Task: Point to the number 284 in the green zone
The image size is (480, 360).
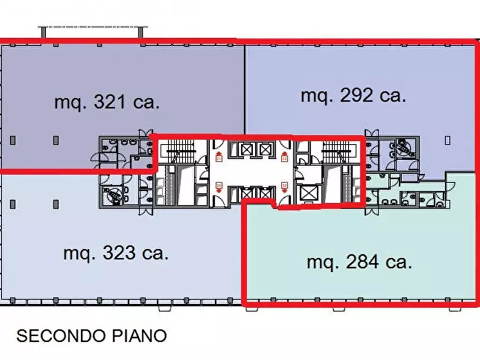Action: point(364,263)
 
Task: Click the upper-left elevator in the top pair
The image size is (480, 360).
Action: point(246,149)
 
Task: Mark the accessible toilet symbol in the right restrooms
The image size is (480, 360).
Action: point(402,144)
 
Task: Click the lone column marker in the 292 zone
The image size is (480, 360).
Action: point(448,140)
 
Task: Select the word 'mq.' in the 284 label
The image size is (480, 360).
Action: point(321,263)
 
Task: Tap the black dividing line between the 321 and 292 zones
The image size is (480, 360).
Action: point(245,89)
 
